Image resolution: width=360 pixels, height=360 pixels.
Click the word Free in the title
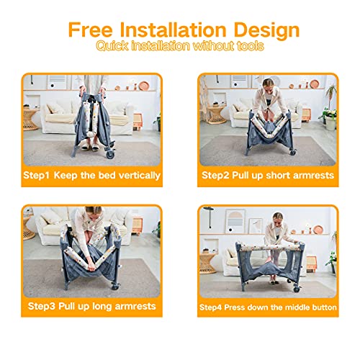point(90,30)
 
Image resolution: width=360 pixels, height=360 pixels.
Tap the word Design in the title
point(266,32)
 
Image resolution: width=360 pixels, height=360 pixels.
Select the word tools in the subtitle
point(251,45)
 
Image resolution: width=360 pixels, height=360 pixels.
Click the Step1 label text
point(36,176)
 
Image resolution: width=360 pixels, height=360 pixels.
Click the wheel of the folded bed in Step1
point(110,153)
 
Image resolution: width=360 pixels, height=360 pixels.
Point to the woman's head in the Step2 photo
point(268,84)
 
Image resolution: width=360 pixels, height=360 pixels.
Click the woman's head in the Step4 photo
point(278,217)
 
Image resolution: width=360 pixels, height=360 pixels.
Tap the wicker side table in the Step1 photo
point(30,120)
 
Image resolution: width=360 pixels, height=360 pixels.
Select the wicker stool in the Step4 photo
point(207,263)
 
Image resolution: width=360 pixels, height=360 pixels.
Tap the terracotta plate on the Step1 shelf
point(144,86)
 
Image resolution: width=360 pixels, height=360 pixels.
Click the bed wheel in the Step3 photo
point(115,286)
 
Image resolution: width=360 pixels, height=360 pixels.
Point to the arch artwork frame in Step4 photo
point(235,221)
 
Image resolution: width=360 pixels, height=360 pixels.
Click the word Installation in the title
point(173,30)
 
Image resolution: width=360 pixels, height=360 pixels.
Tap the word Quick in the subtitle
point(112,46)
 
